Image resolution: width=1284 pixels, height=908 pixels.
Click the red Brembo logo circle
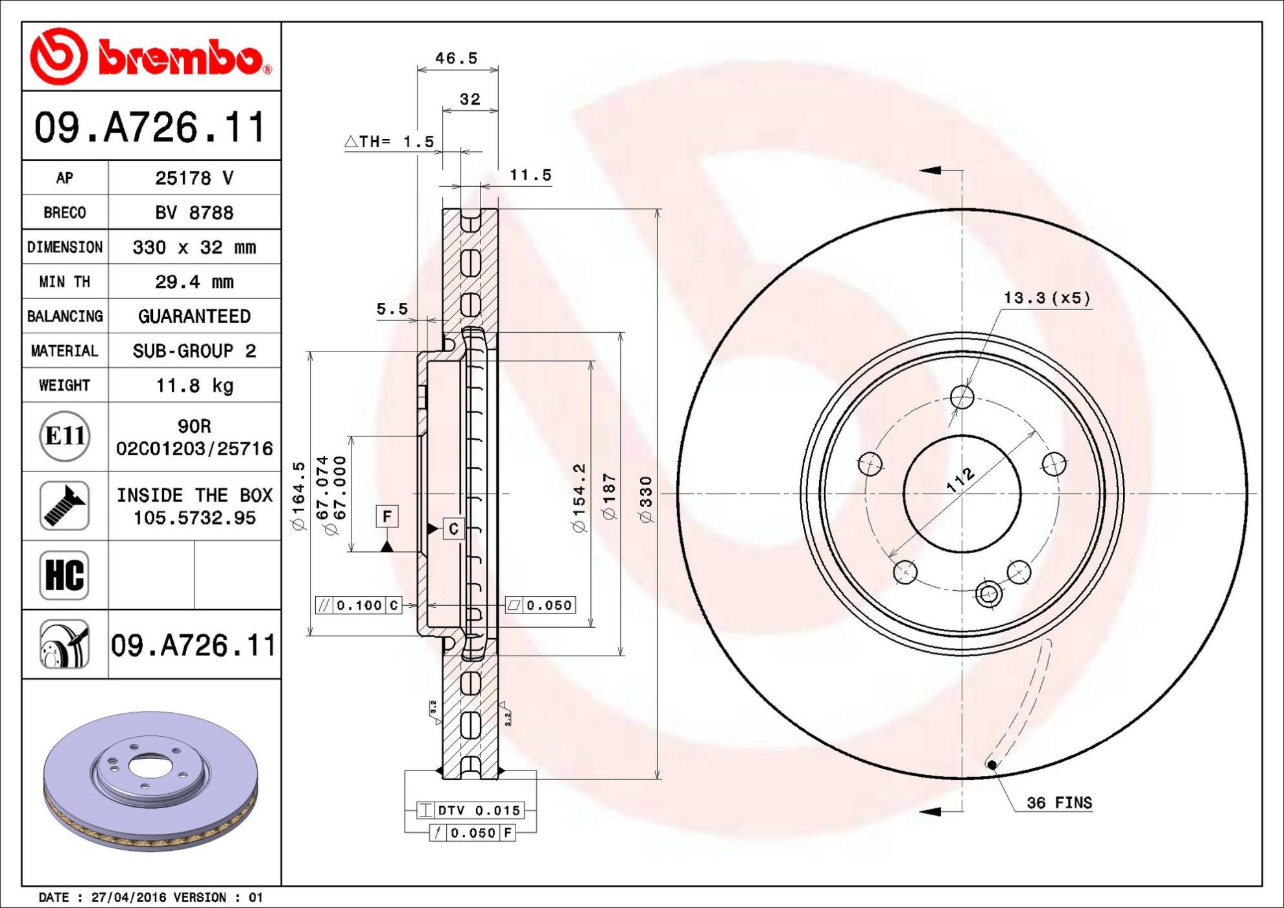point(58,56)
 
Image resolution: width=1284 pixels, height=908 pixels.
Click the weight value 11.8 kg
point(195,385)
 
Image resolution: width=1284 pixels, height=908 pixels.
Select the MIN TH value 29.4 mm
point(195,281)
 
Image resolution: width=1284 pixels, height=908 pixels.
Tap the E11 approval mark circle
point(64,436)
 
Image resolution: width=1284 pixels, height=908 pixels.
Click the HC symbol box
point(64,575)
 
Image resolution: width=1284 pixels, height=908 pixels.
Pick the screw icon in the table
point(64,506)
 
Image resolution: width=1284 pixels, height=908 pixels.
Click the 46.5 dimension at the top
point(457,58)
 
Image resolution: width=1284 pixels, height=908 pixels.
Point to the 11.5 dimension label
point(530,175)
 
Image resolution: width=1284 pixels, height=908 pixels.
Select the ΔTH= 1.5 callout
point(389,141)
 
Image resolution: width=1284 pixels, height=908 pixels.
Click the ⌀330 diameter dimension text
point(646,499)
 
